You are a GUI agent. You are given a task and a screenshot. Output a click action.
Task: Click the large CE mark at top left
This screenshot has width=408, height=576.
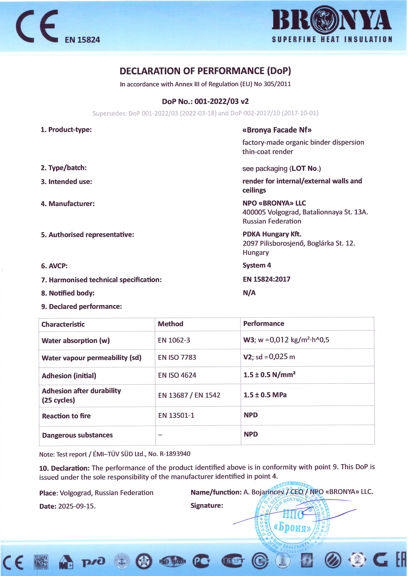point(37,26)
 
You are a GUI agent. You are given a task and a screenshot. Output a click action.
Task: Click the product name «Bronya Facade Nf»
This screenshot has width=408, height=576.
point(277,130)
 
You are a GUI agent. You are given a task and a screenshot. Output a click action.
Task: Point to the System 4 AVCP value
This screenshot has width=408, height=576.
point(257,265)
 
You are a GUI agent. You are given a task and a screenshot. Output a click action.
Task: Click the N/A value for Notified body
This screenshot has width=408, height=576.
point(249,293)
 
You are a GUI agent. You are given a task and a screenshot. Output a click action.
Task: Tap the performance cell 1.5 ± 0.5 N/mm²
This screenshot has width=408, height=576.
point(269,375)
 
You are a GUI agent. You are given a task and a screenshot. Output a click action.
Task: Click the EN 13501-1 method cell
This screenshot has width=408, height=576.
point(176,415)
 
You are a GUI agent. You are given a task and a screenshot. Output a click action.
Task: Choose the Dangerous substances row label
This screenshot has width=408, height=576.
point(77,435)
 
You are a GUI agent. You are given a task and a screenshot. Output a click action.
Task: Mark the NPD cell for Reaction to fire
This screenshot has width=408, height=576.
point(251,415)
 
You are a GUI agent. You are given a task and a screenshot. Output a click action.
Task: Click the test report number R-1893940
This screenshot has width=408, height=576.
point(175,454)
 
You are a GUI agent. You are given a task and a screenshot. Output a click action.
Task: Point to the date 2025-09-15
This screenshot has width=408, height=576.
point(77,506)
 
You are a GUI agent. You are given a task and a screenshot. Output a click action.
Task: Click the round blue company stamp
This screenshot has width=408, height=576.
point(293,519)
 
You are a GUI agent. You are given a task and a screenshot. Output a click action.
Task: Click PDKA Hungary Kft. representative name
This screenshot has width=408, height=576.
point(272,234)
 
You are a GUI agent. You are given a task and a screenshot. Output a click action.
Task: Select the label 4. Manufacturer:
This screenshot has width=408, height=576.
point(68,204)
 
